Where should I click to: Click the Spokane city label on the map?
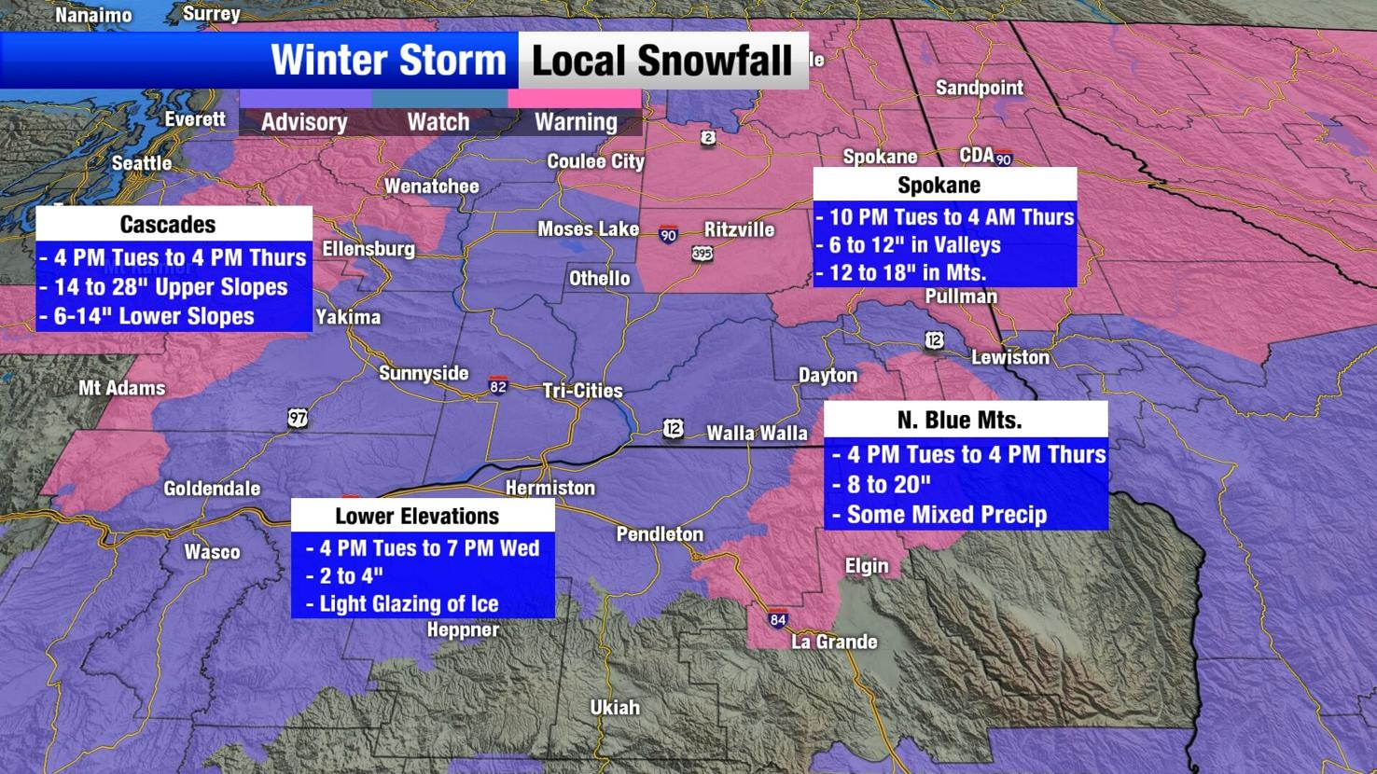click(879, 157)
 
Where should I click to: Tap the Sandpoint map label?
click(979, 88)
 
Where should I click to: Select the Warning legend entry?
click(575, 121)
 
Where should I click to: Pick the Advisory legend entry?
click(304, 121)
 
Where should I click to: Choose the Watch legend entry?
click(438, 121)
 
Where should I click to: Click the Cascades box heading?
click(168, 224)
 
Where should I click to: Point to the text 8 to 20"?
click(888, 484)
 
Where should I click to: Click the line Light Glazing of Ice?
click(408, 603)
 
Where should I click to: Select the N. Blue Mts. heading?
click(959, 420)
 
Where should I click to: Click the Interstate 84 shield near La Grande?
click(778, 619)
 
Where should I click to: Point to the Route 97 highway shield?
click(298, 418)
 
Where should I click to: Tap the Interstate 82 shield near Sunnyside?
click(498, 386)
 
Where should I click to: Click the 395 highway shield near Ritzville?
click(702, 253)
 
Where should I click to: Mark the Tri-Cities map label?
click(582, 391)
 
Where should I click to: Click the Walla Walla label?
click(757, 433)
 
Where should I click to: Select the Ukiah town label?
click(615, 707)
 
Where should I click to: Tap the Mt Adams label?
click(121, 388)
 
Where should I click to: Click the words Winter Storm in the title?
click(388, 61)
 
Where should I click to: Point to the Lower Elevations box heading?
click(417, 516)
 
